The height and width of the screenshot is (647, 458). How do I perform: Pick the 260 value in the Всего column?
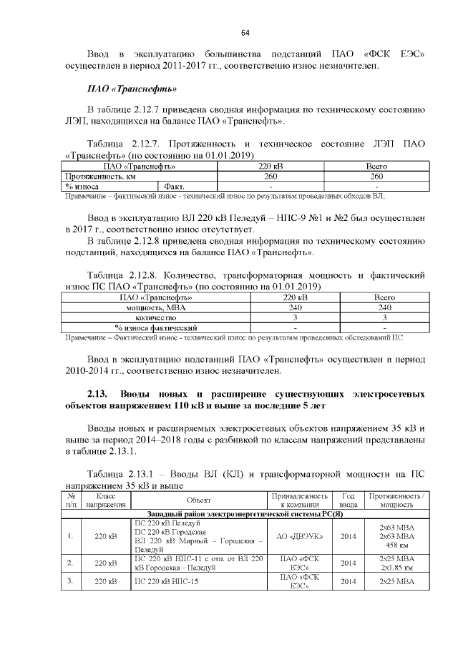[x=376, y=175]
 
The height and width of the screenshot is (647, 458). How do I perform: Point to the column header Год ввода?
[x=349, y=500]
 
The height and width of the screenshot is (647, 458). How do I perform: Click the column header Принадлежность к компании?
[x=301, y=500]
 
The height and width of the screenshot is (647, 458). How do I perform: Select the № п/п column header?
[x=71, y=500]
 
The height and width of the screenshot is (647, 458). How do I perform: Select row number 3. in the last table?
[x=71, y=582]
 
